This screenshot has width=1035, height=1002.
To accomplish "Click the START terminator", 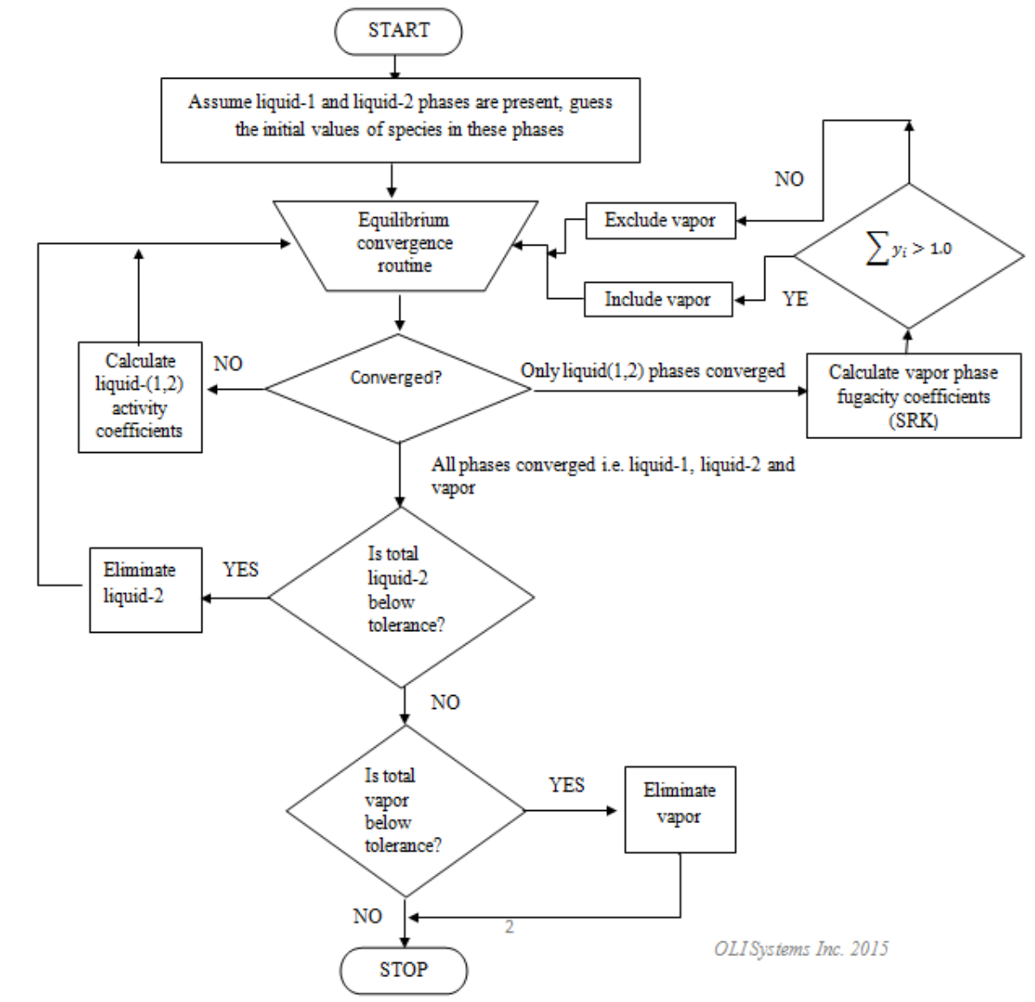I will (x=398, y=31).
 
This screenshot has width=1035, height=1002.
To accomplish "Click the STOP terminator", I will (x=403, y=970).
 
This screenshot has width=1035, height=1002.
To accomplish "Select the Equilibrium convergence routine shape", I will (x=404, y=244).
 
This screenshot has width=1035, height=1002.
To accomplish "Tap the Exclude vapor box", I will (x=660, y=220).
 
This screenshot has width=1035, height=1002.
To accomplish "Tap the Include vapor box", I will (x=657, y=300).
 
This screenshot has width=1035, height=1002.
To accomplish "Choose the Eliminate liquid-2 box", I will (x=145, y=589).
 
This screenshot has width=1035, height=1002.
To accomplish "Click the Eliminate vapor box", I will (x=680, y=809).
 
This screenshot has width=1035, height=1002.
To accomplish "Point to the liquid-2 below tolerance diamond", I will (x=401, y=597).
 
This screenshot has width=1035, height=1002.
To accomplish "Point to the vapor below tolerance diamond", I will (x=405, y=811).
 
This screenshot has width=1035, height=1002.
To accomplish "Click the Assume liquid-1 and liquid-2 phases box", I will (x=400, y=120).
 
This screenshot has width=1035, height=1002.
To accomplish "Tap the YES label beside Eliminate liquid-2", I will (x=240, y=571).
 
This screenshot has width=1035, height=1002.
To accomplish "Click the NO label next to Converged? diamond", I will (x=228, y=364).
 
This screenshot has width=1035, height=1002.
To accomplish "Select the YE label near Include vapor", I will (x=795, y=299).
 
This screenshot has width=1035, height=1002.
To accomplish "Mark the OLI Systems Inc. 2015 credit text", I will (x=800, y=948).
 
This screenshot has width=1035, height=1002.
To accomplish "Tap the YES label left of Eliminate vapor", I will (x=566, y=785).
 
